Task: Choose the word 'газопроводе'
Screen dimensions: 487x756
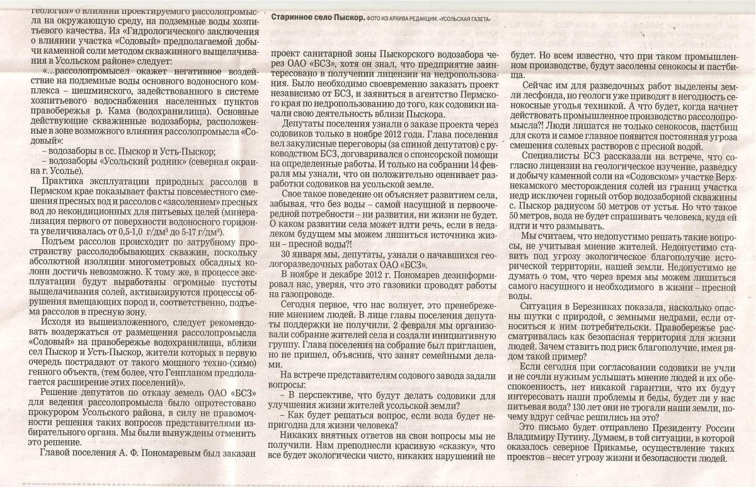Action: [295, 295]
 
